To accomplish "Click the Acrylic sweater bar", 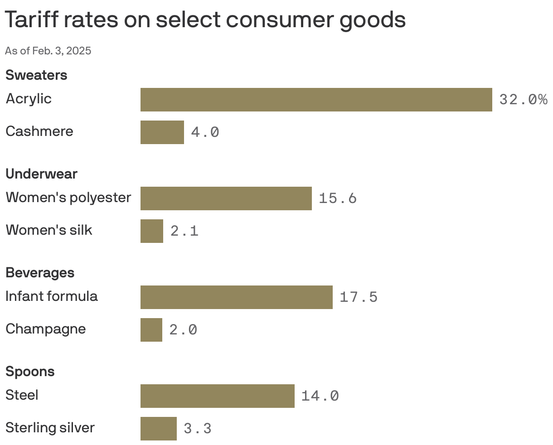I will click(x=316, y=100).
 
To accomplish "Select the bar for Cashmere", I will click(x=162, y=132).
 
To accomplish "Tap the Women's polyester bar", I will click(x=226, y=198).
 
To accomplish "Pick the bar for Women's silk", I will click(x=151, y=231).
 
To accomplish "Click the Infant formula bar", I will click(x=236, y=297).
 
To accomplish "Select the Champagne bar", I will click(x=151, y=330).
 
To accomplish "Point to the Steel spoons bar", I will click(x=217, y=396).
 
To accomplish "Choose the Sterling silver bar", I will click(x=158, y=429).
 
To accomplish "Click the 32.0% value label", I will click(x=523, y=100).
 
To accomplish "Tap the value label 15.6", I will click(x=338, y=198).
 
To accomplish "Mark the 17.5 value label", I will click(x=359, y=297).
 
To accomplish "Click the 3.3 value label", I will click(x=198, y=429).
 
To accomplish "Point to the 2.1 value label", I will click(x=184, y=231).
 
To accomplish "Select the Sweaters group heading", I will click(x=36, y=75).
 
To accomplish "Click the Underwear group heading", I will click(x=41, y=174).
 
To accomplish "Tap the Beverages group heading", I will click(x=40, y=272).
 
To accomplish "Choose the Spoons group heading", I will click(x=30, y=371).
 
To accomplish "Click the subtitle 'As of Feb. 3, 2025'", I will click(x=48, y=51).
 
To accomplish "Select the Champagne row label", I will click(x=45, y=329).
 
